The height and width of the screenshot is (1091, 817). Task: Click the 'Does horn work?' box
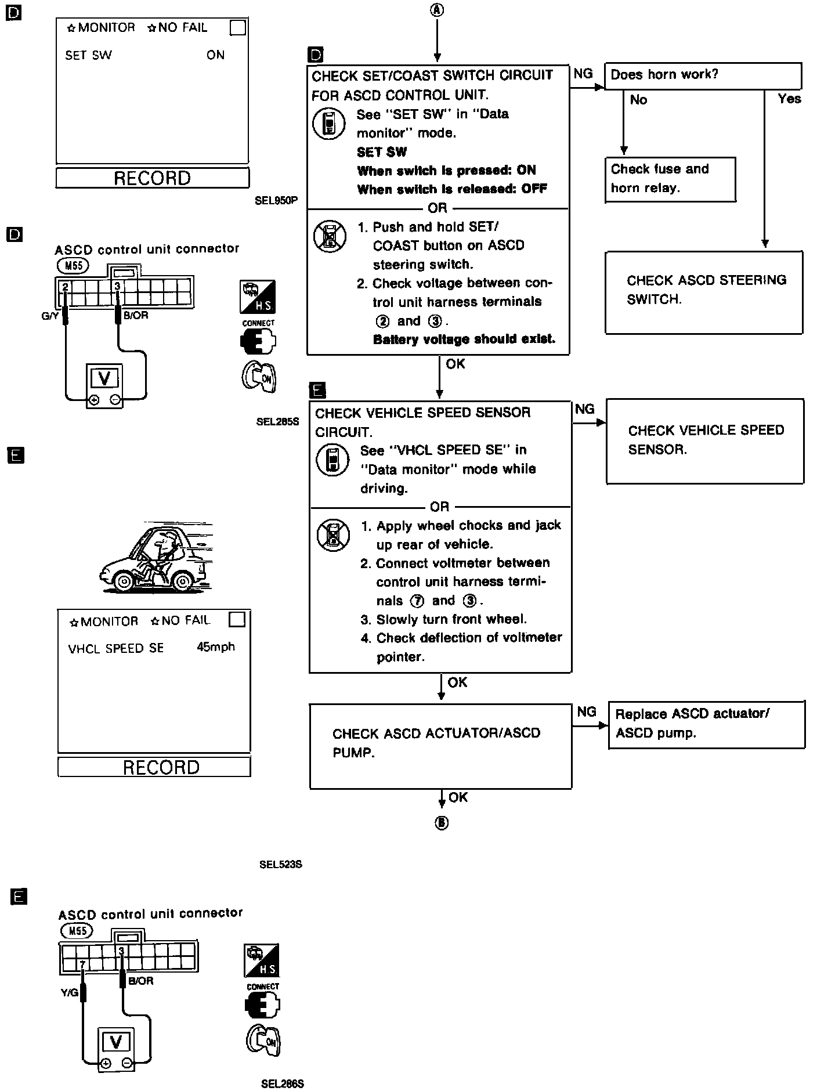coord(703,76)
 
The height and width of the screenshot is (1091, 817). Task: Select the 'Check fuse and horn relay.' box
coord(670,179)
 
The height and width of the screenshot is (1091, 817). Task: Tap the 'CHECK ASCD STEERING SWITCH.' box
coord(703,291)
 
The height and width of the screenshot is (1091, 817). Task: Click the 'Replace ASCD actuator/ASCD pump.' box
coord(706,724)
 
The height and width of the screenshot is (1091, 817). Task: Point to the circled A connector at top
coord(437,10)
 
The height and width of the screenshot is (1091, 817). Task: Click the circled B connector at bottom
coord(442,823)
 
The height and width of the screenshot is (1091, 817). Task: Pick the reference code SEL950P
coord(276,201)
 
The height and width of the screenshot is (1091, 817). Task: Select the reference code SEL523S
coord(281,865)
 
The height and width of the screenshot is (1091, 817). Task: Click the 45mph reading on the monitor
coord(216,646)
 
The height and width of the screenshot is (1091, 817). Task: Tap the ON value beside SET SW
coord(215,55)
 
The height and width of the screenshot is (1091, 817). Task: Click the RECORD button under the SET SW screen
coord(152,178)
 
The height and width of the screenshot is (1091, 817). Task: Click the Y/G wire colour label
coord(69,993)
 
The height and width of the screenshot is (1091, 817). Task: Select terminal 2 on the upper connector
coord(65,287)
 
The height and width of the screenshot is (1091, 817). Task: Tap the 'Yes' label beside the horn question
coord(789,99)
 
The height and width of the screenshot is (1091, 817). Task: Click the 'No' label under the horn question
coord(638,100)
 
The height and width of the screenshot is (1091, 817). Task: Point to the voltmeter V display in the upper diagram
coord(104,378)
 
